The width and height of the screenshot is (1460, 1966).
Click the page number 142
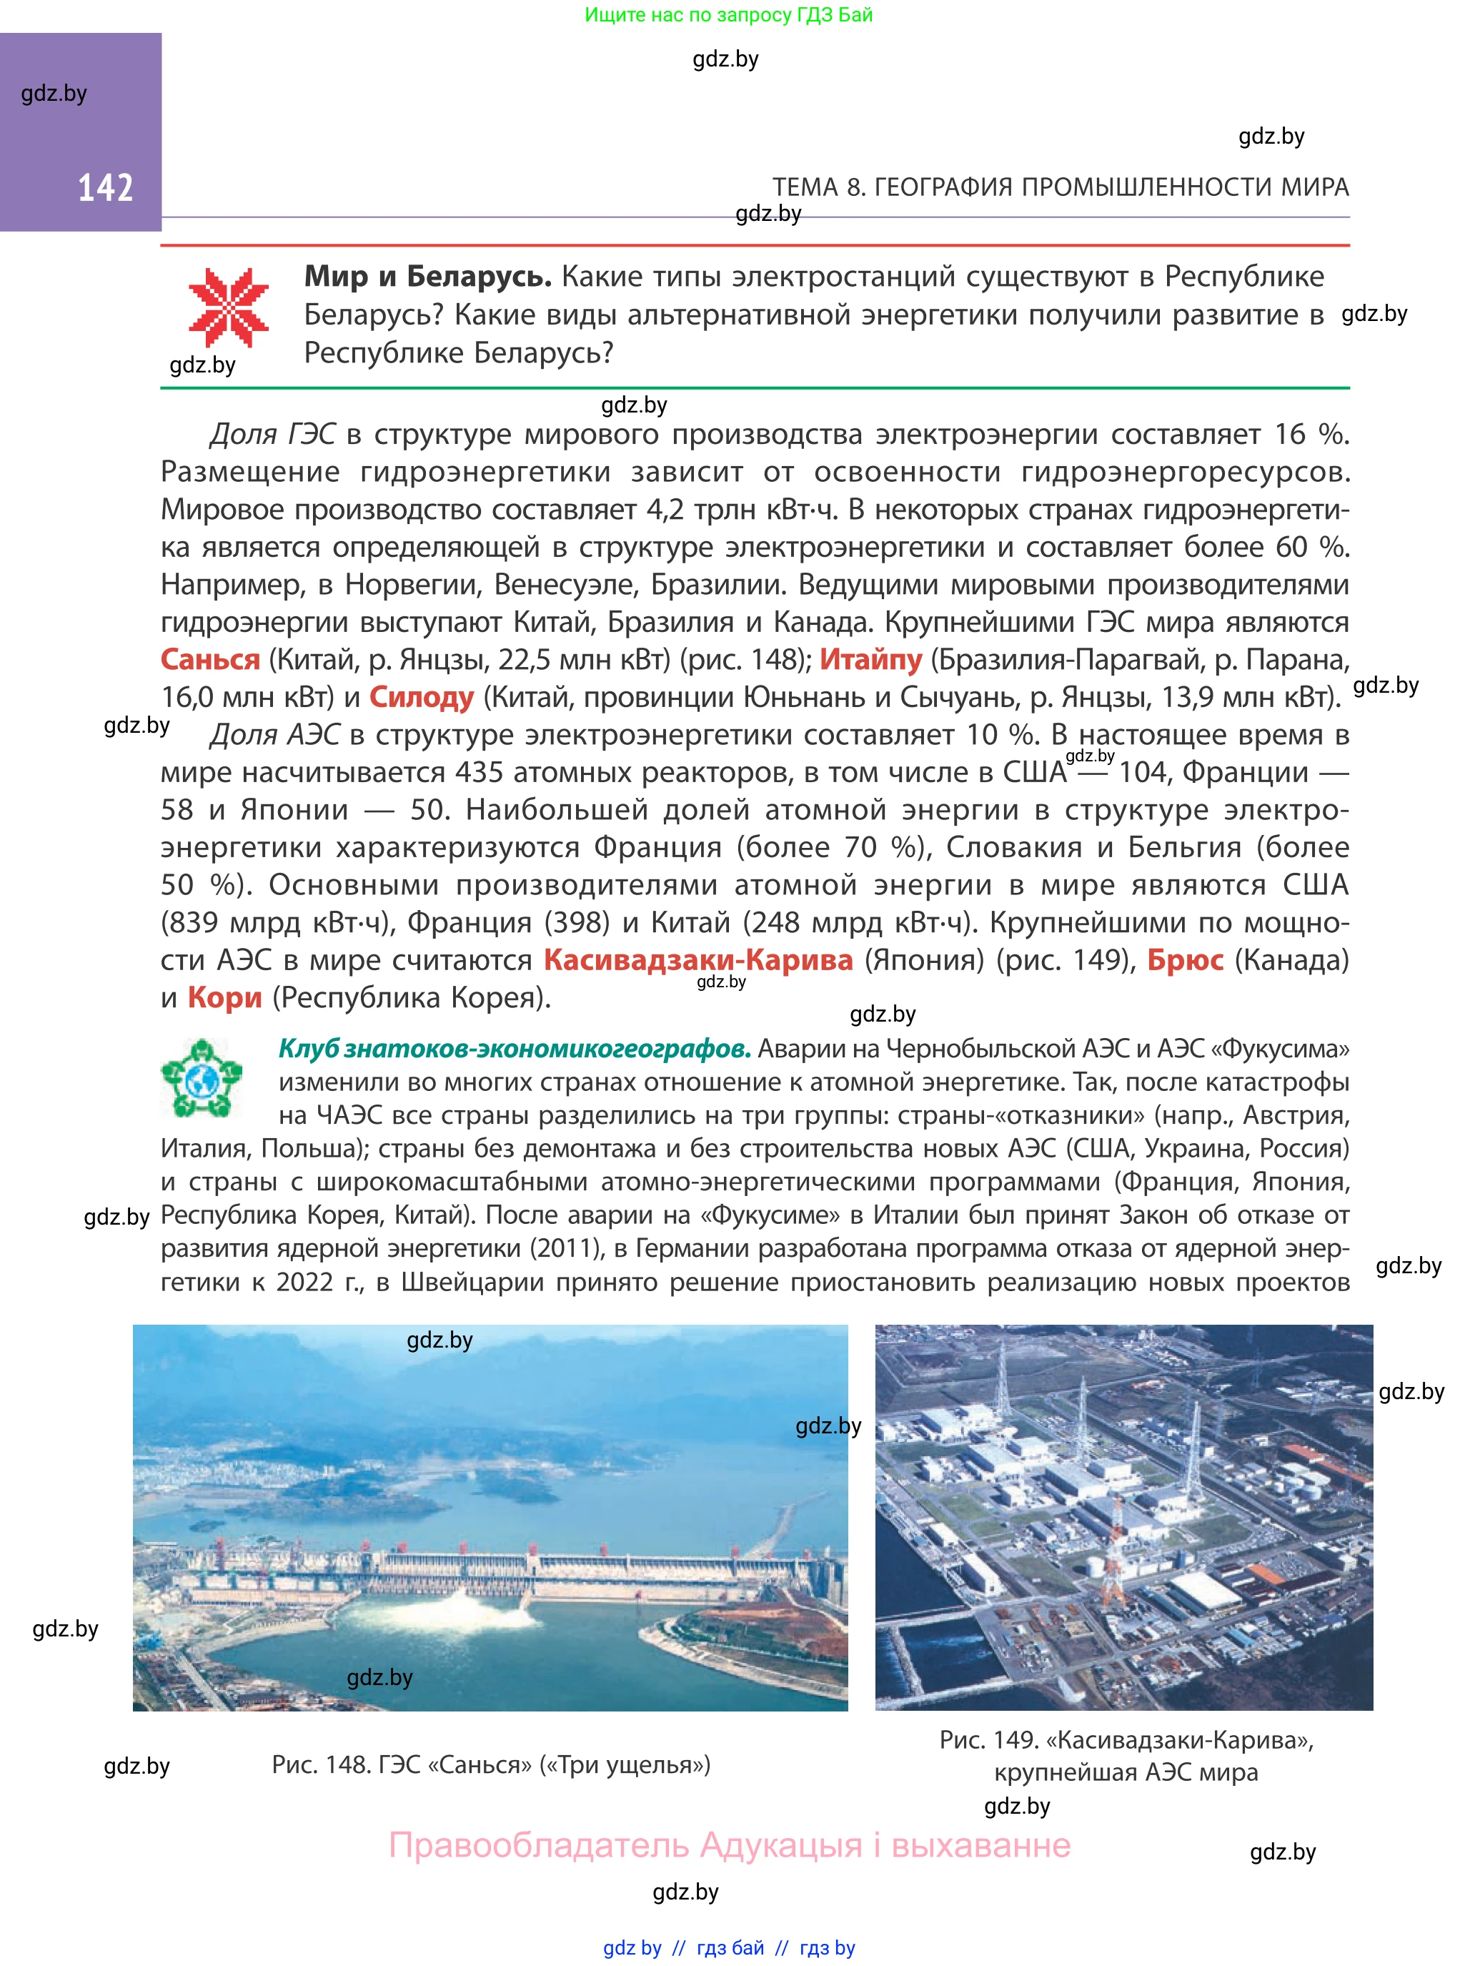tap(105, 187)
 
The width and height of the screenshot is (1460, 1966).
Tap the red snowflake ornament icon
tap(228, 307)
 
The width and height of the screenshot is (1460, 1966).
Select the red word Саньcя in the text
tap(210, 659)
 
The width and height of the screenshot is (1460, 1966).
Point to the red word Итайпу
tap(870, 659)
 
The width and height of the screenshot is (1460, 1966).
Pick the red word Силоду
tap(422, 698)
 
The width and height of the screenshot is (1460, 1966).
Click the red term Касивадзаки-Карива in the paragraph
tap(698, 960)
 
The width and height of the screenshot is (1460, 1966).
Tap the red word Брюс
tap(1185, 960)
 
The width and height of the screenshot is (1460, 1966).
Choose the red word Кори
tap(224, 998)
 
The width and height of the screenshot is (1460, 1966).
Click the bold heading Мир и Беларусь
tap(428, 277)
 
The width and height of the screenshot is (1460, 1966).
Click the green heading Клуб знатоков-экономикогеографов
tap(515, 1049)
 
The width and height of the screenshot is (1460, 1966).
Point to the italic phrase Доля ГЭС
tap(273, 434)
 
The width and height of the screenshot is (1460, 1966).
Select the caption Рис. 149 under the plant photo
tap(1126, 1754)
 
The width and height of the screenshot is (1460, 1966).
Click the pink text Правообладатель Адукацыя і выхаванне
tap(730, 1845)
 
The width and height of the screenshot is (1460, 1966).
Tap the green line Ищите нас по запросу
tap(728, 15)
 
